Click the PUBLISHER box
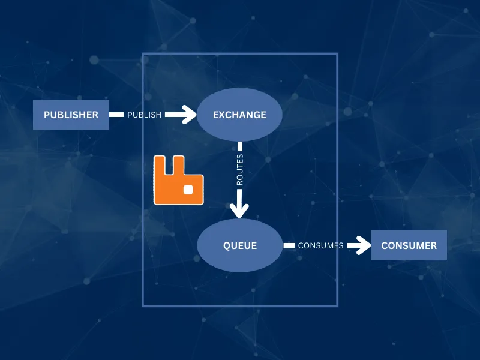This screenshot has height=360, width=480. click(71, 115)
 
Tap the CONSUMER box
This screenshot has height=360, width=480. click(409, 245)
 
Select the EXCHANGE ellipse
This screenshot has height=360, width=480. click(239, 115)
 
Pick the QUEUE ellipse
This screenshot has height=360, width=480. click(239, 245)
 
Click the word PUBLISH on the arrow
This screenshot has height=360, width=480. click(144, 115)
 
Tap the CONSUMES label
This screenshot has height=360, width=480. click(320, 245)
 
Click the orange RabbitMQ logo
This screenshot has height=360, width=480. click(178, 181)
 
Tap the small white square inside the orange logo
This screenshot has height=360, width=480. click(188, 190)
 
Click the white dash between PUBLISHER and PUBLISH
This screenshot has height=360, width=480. click(116, 115)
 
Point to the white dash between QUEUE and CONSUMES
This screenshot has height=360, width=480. click(289, 245)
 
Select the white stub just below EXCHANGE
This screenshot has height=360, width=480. click(239, 146)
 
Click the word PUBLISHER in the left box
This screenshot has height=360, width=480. click(71, 115)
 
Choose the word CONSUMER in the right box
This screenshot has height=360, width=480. click(409, 245)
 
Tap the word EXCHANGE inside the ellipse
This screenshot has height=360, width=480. click(239, 115)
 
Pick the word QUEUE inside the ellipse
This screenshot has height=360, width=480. click(239, 245)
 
